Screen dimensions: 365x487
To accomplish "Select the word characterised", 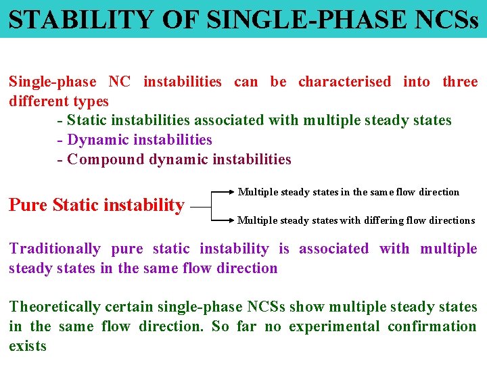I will [344, 82].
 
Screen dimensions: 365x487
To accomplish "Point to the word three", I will [460, 82].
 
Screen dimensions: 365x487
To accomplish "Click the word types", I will [88, 101].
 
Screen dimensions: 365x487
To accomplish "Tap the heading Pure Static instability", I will [97, 204].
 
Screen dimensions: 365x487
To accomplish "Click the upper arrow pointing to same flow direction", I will [224, 192].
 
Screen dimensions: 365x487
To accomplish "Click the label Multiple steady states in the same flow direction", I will [348, 192].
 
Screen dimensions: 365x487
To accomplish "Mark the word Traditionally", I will [55, 249].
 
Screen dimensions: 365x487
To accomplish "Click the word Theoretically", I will [56, 307].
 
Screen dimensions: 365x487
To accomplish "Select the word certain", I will [132, 307].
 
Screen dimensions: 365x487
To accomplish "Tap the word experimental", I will [331, 326].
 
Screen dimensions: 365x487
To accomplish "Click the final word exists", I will [28, 346].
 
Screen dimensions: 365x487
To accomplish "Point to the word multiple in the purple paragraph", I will [448, 249].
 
